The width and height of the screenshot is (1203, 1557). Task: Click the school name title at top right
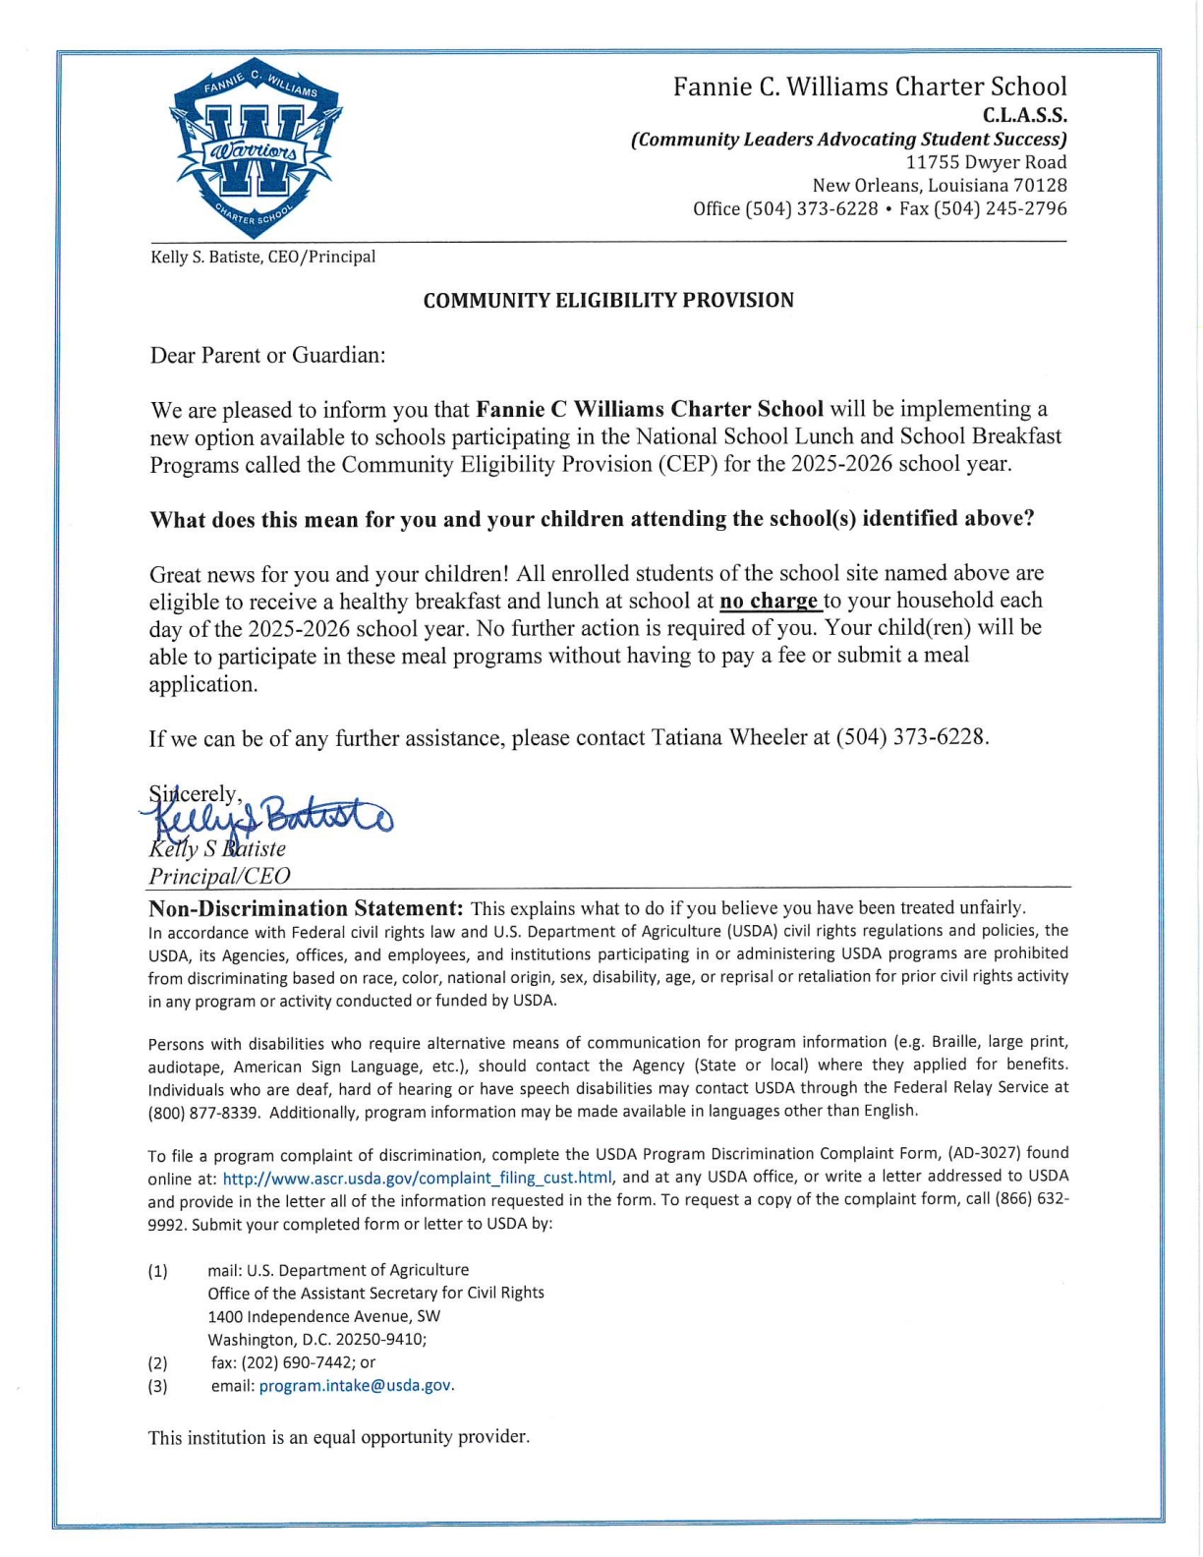pos(869,86)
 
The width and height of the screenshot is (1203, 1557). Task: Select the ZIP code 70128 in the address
pos(1041,185)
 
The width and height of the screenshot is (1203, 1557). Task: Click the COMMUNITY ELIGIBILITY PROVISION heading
pos(608,301)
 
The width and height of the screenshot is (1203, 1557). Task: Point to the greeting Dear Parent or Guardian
pos(267,355)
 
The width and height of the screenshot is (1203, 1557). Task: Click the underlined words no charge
pos(770,601)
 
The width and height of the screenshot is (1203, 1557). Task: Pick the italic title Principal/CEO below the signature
pos(219,876)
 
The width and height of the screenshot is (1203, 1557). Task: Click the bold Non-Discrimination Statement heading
pos(306,907)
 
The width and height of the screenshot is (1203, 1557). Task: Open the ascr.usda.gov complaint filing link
pos(418,1178)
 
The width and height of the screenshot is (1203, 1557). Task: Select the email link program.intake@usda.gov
pos(355,1386)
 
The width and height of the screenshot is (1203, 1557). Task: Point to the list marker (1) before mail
pos(158,1271)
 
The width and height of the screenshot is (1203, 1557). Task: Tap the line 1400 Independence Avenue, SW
pos(324,1316)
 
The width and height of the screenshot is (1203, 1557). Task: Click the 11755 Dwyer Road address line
pos(986,162)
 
